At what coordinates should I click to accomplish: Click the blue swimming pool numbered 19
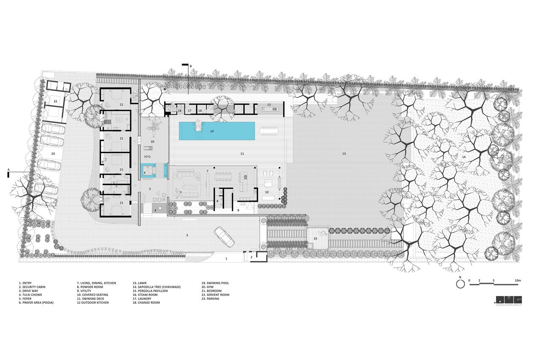point(217,131)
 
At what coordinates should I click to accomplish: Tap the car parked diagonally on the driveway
point(224,236)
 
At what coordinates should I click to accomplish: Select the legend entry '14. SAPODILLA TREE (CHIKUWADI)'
point(157,287)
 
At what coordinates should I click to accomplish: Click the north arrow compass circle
point(460,284)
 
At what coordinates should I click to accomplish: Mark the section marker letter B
point(191,66)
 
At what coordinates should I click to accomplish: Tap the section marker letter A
point(8,170)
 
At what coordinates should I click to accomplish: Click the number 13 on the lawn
point(344,154)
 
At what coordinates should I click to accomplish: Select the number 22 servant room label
point(55,102)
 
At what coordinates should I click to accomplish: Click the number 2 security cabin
point(251,257)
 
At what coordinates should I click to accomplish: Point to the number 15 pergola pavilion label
point(315,238)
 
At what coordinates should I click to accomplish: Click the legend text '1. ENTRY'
point(25,283)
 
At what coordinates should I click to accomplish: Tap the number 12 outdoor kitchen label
point(269,105)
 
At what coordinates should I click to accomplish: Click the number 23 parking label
point(53,154)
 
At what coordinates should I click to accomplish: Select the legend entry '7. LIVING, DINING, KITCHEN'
point(97,283)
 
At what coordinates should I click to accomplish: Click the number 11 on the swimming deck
point(242,154)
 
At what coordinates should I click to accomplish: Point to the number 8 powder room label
point(217,201)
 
